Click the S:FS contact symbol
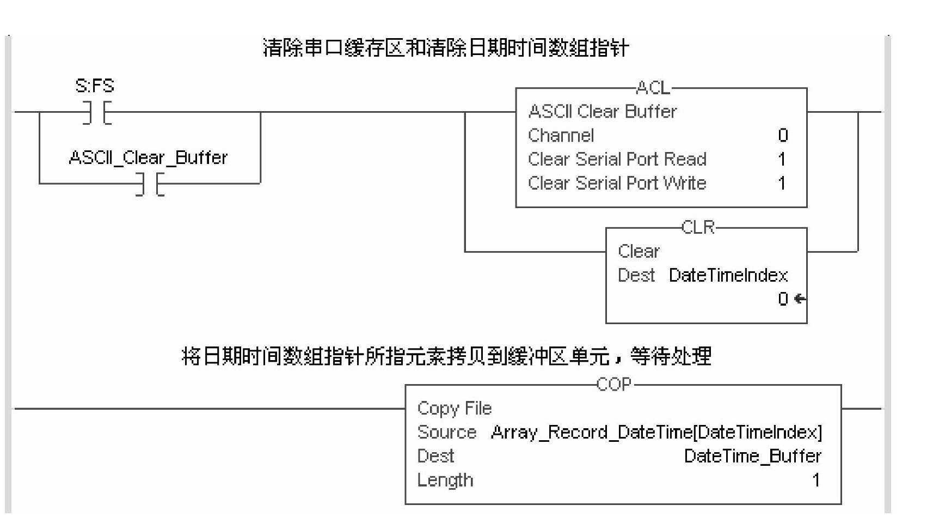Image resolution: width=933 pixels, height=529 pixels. coord(97,112)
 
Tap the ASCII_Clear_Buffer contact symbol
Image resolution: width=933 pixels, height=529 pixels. coord(150,184)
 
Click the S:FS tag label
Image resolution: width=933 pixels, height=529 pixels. coord(95,86)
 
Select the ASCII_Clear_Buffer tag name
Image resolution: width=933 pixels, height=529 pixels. coord(148,157)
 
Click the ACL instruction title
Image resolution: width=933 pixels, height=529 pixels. coord(653,88)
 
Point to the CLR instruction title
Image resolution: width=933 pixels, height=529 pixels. coord(698,227)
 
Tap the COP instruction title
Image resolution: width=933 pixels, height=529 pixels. coord(614,385)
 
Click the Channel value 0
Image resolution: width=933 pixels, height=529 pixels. coord(783,135)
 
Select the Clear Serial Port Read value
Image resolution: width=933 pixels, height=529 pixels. coord(782,159)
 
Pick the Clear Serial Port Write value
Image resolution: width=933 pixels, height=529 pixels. coord(782,183)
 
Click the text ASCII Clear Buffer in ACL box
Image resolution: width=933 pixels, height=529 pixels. coord(602,112)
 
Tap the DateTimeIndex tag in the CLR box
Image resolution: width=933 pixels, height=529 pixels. coord(728,275)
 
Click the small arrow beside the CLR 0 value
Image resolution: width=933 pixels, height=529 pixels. coord(800,299)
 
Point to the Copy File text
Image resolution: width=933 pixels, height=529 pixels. coord(454,408)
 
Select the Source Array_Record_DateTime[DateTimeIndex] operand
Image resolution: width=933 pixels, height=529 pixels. coord(656,432)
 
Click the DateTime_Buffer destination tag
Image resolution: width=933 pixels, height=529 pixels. coord(752,456)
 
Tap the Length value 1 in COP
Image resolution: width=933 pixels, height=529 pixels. coord(815,480)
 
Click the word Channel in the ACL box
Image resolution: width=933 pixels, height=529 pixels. coord(561,135)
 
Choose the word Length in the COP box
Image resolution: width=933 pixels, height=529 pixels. coord(445,480)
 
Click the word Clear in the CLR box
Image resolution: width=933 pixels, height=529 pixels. coord(638,251)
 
